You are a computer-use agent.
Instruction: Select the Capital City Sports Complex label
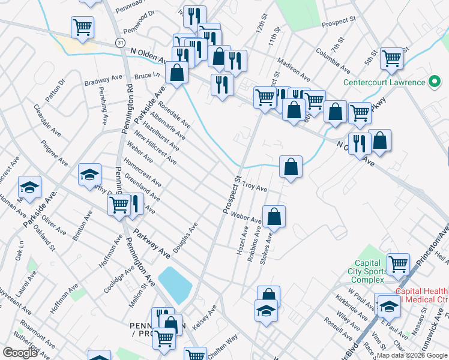click(368, 272)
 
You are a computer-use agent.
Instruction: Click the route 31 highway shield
click(121, 43)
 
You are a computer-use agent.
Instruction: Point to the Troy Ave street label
click(254, 187)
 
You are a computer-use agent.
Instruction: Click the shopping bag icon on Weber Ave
click(274, 216)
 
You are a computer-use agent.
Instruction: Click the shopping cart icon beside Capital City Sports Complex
click(398, 263)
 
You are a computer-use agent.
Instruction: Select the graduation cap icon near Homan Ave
click(29, 187)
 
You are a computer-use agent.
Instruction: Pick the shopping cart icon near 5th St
click(391, 58)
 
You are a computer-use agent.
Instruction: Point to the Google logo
click(20, 353)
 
